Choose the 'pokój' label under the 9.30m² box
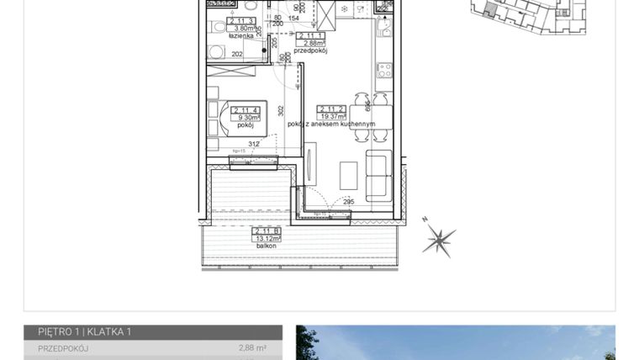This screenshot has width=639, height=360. point(246,125)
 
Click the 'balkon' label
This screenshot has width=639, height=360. point(267,246)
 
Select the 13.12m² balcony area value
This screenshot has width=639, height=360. point(267,238)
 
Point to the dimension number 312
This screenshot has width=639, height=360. point(253,142)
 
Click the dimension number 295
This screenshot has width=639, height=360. point(349,202)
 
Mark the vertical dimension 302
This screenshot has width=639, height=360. point(282,109)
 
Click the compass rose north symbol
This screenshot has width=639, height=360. point(438,239)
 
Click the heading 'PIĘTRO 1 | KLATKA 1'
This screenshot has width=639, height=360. point(85,332)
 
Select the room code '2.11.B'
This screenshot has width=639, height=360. point(267,230)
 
